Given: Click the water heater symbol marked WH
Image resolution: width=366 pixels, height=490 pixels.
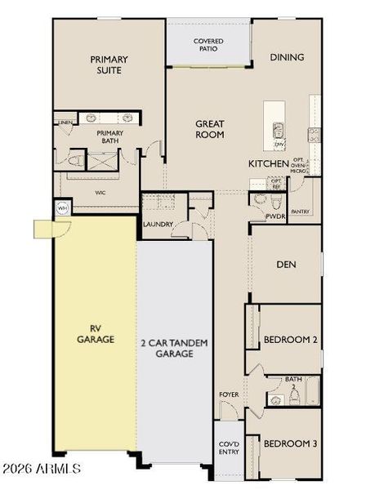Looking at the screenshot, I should (61, 208).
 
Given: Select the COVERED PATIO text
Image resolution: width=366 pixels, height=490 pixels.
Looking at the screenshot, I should (208, 45).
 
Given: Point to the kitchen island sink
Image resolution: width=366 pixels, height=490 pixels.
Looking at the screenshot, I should (278, 129).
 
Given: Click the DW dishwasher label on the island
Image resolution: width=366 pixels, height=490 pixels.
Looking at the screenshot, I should (279, 145).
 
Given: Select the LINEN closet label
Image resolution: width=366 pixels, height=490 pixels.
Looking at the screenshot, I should (65, 122).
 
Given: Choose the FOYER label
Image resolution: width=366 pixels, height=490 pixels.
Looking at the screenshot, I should (229, 394).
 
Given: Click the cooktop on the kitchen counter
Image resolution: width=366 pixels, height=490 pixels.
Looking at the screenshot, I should (312, 132).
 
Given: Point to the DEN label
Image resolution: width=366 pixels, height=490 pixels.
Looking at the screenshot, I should (286, 264).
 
